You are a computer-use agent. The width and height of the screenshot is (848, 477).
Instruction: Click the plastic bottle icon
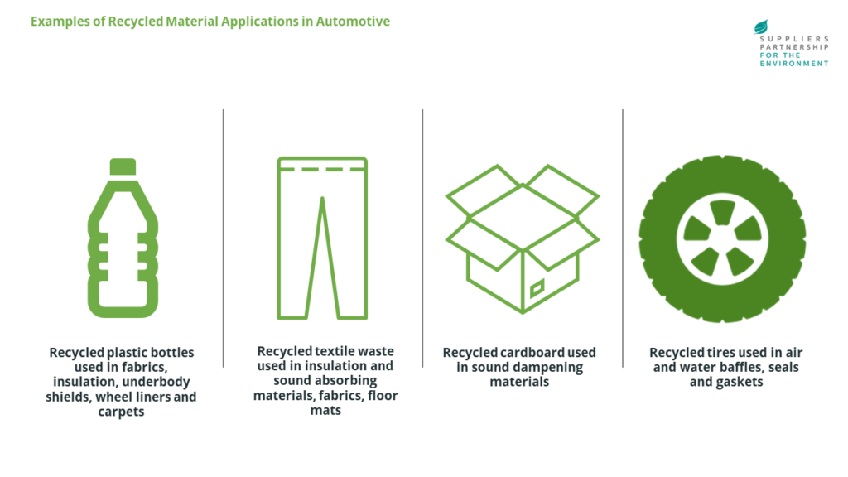coord(123,240)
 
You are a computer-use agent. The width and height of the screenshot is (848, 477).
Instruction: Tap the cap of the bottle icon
coord(123,166)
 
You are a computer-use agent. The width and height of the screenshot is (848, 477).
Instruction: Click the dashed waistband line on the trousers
coord(322,169)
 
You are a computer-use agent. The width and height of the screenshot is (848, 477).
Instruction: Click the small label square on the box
coord(537,289)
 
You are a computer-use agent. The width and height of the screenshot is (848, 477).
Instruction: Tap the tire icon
coord(722,238)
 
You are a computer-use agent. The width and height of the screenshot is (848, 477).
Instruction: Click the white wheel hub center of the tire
coord(722,238)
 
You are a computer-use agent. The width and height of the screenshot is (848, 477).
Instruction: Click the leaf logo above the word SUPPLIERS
coord(761,27)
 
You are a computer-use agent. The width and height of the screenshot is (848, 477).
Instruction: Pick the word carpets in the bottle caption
coord(122,412)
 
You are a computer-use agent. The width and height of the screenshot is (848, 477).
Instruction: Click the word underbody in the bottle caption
coord(157,382)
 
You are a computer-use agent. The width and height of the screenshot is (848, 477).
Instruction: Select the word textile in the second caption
coord(339,351)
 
